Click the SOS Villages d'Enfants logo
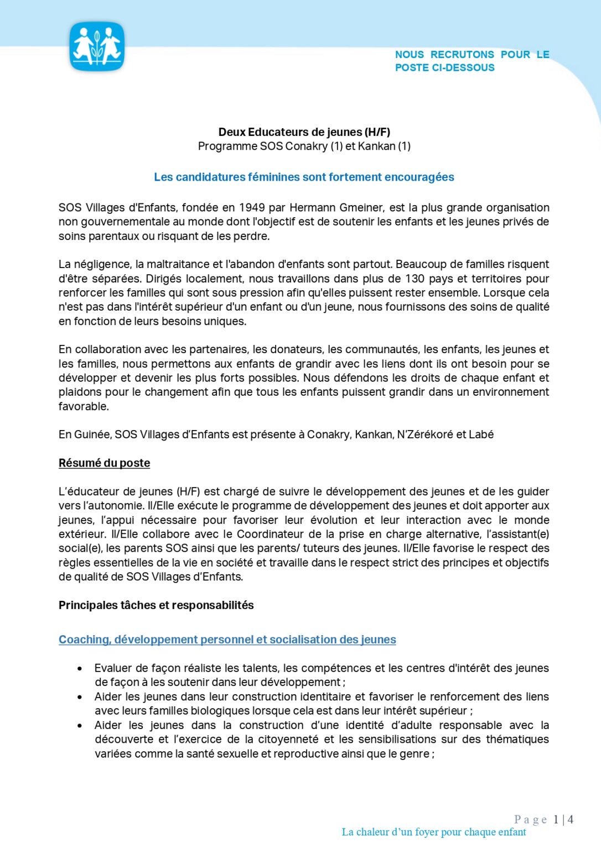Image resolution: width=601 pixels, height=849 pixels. pyautogui.click(x=97, y=47)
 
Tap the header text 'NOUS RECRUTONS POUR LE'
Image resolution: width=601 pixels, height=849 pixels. pyautogui.click(x=472, y=55)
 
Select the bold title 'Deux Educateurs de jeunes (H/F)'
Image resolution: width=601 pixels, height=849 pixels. pyautogui.click(x=304, y=132)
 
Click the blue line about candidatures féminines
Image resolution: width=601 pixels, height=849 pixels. pyautogui.click(x=304, y=177)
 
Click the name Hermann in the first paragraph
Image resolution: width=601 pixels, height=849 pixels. pyautogui.click(x=313, y=208)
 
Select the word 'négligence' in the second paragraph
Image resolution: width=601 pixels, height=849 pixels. pyautogui.click(x=101, y=264)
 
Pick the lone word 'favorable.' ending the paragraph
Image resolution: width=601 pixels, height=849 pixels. pyautogui.click(x=84, y=406)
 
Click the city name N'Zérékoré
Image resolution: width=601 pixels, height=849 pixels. pyautogui.click(x=425, y=434)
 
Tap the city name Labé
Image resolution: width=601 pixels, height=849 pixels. pyautogui.click(x=481, y=434)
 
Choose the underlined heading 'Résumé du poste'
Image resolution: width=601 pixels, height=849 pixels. pyautogui.click(x=104, y=463)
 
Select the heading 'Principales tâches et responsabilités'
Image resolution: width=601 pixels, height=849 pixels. pyautogui.click(x=156, y=605)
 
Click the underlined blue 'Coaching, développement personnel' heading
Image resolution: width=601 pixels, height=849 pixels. pyautogui.click(x=227, y=640)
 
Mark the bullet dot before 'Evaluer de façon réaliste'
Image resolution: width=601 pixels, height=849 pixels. pyautogui.click(x=80, y=669)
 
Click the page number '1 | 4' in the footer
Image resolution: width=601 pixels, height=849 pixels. pyautogui.click(x=563, y=820)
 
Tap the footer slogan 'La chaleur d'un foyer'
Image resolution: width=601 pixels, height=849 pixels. pyautogui.click(x=433, y=832)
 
